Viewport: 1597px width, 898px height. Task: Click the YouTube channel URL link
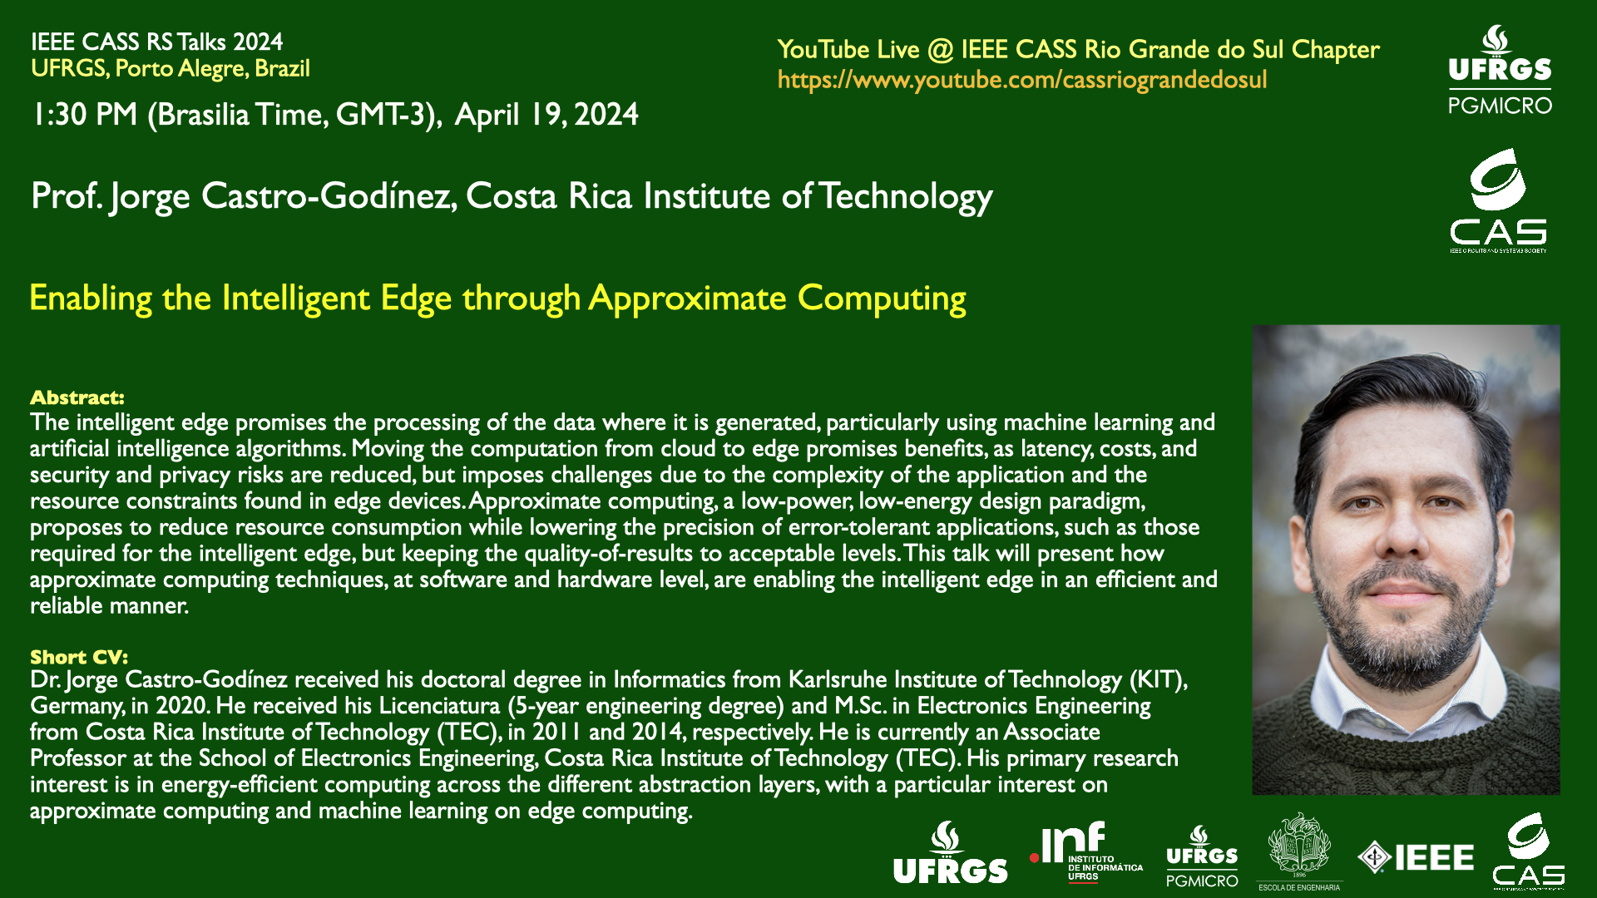(1022, 80)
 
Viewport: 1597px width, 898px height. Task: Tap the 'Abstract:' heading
(77, 397)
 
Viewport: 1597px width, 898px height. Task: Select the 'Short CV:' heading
(79, 657)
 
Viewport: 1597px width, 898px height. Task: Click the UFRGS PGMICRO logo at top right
(1500, 70)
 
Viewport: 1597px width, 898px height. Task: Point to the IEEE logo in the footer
(1416, 857)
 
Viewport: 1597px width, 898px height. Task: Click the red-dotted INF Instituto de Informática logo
(1085, 852)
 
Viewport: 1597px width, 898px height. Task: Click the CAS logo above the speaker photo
(1498, 200)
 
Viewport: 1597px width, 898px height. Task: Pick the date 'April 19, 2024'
(546, 115)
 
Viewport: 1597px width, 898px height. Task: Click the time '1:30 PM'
(84, 115)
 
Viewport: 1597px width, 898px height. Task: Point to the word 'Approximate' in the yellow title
(688, 299)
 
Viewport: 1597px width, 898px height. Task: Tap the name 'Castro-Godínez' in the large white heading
(329, 196)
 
